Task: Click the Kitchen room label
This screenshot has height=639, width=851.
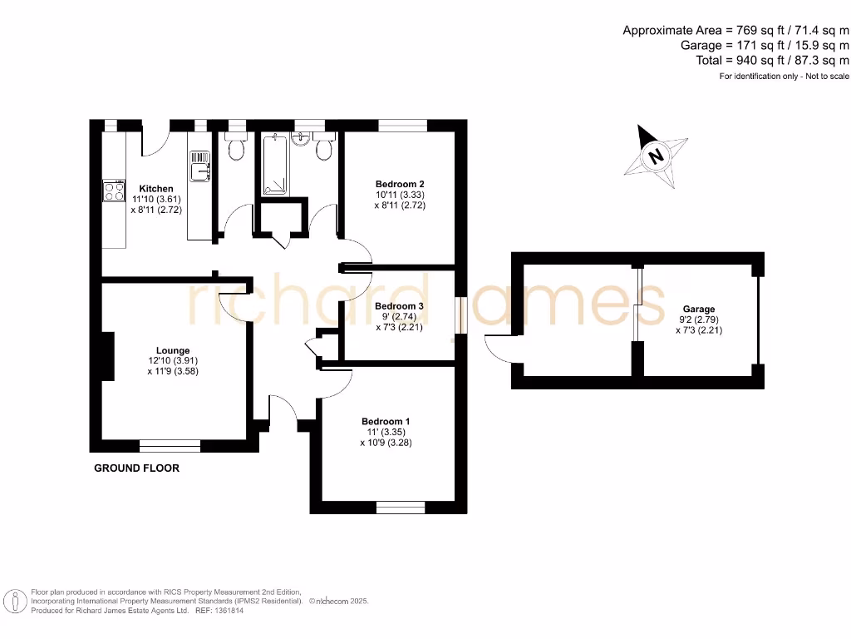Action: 156,189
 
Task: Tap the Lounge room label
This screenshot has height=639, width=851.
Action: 173,350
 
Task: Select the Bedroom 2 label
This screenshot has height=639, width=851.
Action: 400,184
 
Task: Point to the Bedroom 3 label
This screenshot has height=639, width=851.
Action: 399,306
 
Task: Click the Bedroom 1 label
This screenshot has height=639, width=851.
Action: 386,422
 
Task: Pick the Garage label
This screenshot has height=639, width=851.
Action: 699,309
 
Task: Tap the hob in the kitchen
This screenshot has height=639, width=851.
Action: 112,192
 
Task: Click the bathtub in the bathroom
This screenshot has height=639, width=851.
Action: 274,164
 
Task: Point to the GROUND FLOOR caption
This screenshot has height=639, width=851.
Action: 136,468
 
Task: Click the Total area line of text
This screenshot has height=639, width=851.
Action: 772,60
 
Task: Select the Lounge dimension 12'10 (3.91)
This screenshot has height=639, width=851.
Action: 173,361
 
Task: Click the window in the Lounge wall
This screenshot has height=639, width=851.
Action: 170,445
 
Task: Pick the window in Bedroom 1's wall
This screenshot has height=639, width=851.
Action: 401,507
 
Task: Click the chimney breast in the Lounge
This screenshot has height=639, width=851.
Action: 107,356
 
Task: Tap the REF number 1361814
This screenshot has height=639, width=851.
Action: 231,611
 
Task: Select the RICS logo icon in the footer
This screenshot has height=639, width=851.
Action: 14,601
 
